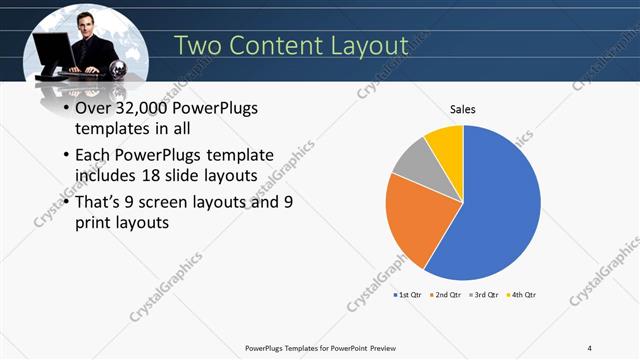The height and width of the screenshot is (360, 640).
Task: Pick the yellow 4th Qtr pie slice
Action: tap(446, 145)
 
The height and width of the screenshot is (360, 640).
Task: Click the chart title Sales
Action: tap(462, 109)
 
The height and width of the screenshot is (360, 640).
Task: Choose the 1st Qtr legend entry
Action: tap(408, 295)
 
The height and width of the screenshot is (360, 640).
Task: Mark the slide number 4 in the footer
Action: tap(590, 347)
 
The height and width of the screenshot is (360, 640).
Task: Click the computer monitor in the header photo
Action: tap(53, 51)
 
